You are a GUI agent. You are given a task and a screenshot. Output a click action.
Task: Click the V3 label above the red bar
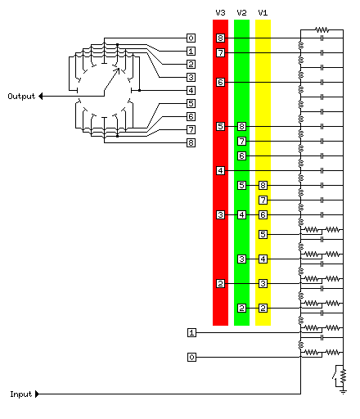pyautogui.click(x=220, y=13)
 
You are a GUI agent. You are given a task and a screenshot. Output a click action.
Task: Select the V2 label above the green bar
pyautogui.click(x=241, y=13)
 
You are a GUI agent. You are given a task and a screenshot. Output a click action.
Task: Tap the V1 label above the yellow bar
pyautogui.click(x=263, y=13)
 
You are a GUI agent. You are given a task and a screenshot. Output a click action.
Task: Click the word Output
pyautogui.click(x=21, y=97)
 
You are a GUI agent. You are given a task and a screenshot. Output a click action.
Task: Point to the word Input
pyautogui.click(x=21, y=394)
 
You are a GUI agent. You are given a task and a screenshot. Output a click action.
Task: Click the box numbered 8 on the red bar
pyautogui.click(x=220, y=38)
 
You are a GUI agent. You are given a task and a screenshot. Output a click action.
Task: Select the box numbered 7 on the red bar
pyautogui.click(x=220, y=52)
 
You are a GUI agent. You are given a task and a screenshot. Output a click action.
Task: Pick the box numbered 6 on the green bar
pyautogui.click(x=241, y=155)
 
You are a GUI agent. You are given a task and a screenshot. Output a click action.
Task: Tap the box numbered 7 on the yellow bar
pyautogui.click(x=263, y=200)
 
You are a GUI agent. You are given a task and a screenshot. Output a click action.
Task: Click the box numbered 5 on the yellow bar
pyautogui.click(x=263, y=234)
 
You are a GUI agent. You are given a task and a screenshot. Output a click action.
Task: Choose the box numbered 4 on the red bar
pyautogui.click(x=220, y=170)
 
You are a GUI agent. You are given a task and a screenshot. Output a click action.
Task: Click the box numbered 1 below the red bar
pyautogui.click(x=191, y=332)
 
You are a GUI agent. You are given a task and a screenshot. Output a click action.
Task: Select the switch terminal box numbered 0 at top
pyautogui.click(x=191, y=38)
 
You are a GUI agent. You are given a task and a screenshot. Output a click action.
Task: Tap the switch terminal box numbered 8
pyautogui.click(x=191, y=142)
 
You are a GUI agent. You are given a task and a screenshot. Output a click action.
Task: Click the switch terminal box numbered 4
pyautogui.click(x=191, y=90)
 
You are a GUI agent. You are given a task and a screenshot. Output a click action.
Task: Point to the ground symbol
pyautogui.click(x=344, y=392)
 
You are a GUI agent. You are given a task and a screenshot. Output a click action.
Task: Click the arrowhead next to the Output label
pyautogui.click(x=41, y=97)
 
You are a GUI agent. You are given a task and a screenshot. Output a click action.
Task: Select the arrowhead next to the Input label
pyautogui.click(x=38, y=394)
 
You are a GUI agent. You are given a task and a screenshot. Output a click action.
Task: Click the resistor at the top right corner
pyautogui.click(x=322, y=29)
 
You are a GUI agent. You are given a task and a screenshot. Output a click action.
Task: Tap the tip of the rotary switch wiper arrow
pyautogui.click(x=119, y=68)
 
